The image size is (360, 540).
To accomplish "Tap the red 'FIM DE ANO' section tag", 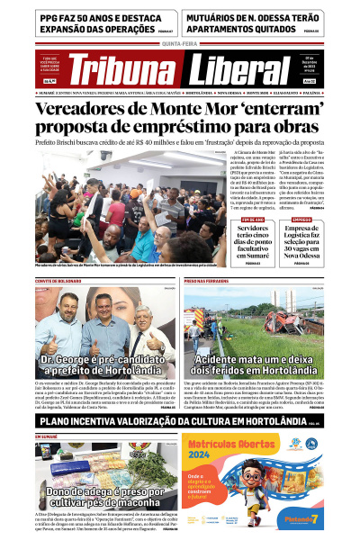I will (253, 219).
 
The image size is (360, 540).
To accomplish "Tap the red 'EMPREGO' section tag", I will (301, 219).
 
